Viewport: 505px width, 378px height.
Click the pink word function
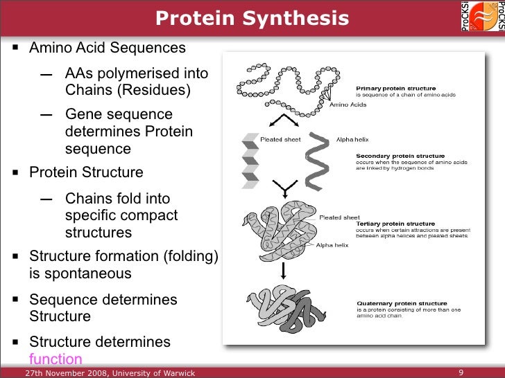tap(55, 359)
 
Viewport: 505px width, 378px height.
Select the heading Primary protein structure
tap(395, 89)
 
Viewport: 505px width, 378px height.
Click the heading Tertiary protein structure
tap(396, 224)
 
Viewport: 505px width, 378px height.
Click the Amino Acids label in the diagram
tap(347, 105)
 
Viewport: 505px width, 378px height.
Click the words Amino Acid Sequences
tap(108, 48)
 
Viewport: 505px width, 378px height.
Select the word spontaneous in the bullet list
tap(80, 273)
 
